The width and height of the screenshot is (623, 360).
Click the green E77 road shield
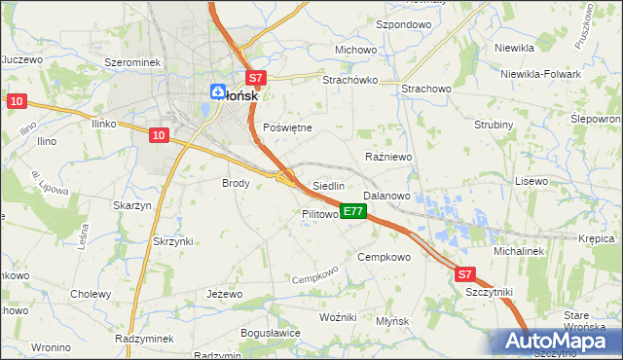(x=353, y=211)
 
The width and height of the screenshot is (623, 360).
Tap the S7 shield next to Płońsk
(x=254, y=77)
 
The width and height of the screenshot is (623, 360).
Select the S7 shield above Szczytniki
(x=465, y=275)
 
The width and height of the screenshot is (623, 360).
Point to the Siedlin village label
(x=329, y=186)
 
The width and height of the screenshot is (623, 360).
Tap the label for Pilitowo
(x=319, y=213)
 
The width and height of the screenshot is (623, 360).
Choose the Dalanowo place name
(x=386, y=196)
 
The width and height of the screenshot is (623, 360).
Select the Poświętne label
(x=288, y=127)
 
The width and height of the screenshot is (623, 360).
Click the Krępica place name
(x=596, y=238)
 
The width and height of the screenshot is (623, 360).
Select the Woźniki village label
(x=339, y=318)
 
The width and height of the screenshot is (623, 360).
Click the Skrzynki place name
(x=173, y=241)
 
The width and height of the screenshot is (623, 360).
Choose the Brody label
(x=237, y=182)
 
